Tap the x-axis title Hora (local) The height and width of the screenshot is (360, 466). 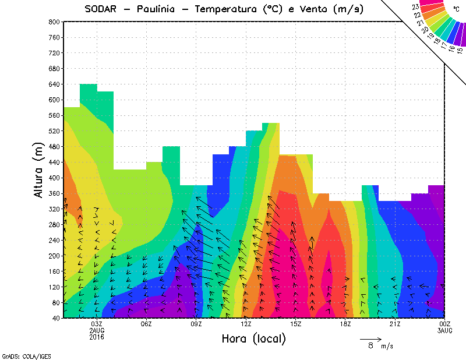click(x=253, y=338)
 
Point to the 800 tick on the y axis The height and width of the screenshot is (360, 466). click(x=53, y=22)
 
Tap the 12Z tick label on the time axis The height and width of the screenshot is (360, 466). click(x=246, y=324)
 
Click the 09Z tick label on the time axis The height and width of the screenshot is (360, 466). click(x=196, y=324)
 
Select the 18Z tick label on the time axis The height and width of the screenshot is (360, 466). click(x=345, y=324)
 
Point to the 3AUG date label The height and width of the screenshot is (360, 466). click(x=445, y=330)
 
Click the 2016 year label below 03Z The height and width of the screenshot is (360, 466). click(x=97, y=337)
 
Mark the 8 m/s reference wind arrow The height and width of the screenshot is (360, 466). click(x=370, y=338)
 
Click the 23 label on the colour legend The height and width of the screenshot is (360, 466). click(x=415, y=6)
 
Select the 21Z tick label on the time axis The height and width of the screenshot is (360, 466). click(x=395, y=324)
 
